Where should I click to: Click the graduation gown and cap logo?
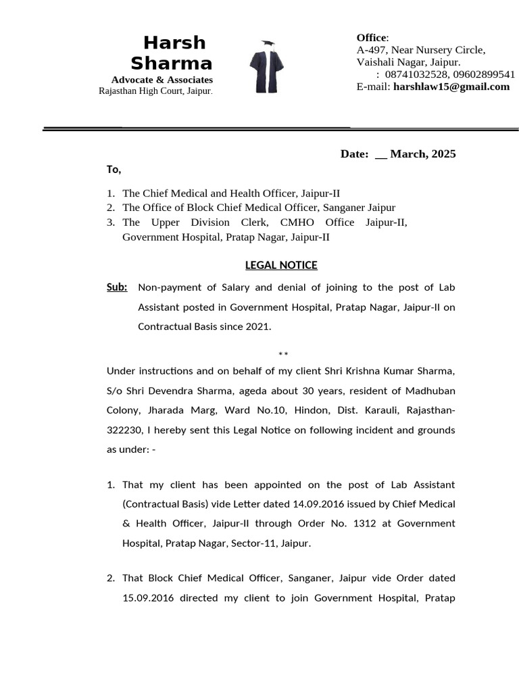266,67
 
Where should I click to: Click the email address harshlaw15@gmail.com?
451,86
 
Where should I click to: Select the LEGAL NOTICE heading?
280,265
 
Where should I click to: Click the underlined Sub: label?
117,287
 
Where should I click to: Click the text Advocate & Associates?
162,80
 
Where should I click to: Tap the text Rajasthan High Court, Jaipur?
155,91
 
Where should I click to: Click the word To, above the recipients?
114,169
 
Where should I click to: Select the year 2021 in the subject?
257,326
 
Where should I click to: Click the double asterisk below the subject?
283,354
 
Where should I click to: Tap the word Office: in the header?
372,38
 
